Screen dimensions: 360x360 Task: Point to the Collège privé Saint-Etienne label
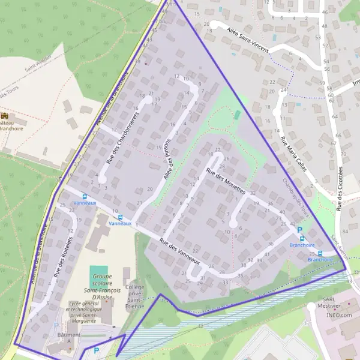tap(135, 297)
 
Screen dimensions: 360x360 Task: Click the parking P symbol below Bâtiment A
tap(95, 350)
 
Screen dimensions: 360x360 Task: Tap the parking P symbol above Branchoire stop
tap(300, 230)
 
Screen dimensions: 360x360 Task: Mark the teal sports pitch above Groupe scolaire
tap(99, 272)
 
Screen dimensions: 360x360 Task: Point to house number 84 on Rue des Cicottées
tap(344, 231)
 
